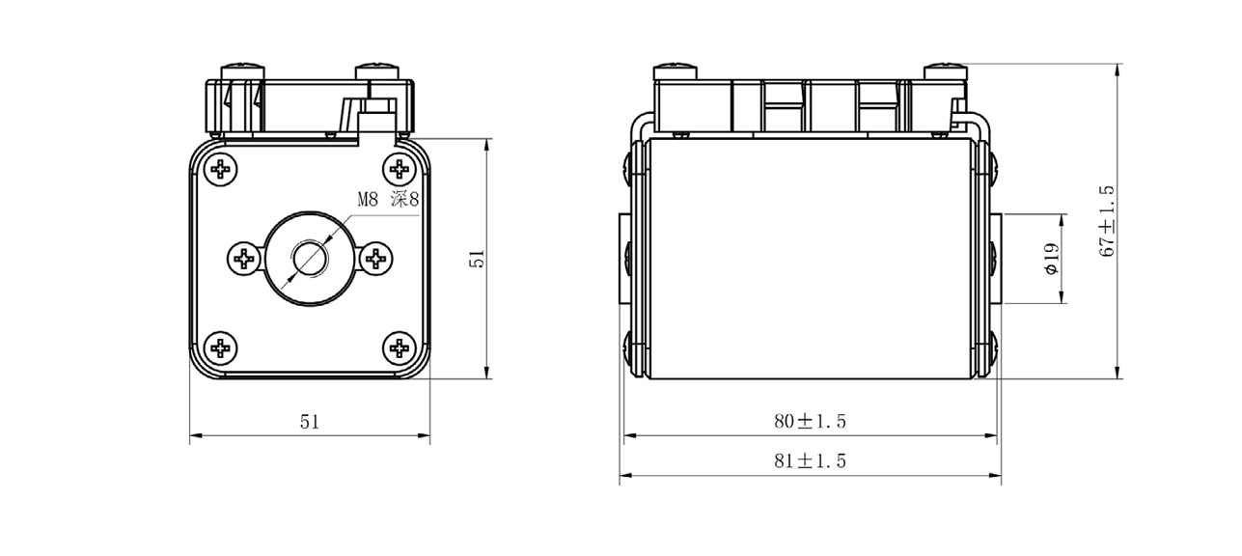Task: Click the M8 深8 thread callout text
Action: pos(387,201)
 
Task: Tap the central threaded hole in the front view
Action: pos(310,258)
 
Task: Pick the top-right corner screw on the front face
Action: pos(398,170)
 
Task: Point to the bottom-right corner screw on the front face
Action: pos(398,347)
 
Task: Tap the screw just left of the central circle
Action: pos(244,258)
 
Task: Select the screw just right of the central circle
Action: pos(375,258)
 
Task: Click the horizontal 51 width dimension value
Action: pos(309,421)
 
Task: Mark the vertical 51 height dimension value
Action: pos(475,258)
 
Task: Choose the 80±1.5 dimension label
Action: pos(810,421)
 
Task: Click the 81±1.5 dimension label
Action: pos(810,461)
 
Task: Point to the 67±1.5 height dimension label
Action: pos(1107,221)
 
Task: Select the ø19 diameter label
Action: pos(1052,258)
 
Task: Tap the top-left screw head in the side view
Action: pos(674,71)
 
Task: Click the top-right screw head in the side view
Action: pos(945,71)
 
